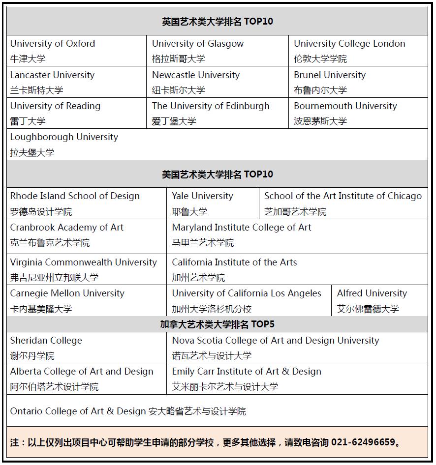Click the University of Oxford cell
click(x=76, y=51)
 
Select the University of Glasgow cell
click(x=217, y=51)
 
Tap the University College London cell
click(x=358, y=51)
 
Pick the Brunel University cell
click(x=358, y=82)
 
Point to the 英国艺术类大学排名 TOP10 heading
click(x=217, y=22)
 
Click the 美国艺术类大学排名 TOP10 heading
click(x=217, y=174)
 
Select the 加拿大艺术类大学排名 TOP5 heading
click(x=217, y=324)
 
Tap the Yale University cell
click(x=213, y=203)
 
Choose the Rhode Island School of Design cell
click(x=87, y=203)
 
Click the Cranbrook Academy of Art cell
click(x=87, y=235)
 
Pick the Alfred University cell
click(x=379, y=301)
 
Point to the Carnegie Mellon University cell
click(x=87, y=301)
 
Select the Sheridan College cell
click(x=87, y=348)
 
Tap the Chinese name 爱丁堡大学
click(x=174, y=121)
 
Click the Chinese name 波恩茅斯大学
click(x=320, y=121)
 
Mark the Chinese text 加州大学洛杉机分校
click(x=212, y=309)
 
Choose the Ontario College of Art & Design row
click(x=128, y=411)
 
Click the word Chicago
click(x=405, y=196)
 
